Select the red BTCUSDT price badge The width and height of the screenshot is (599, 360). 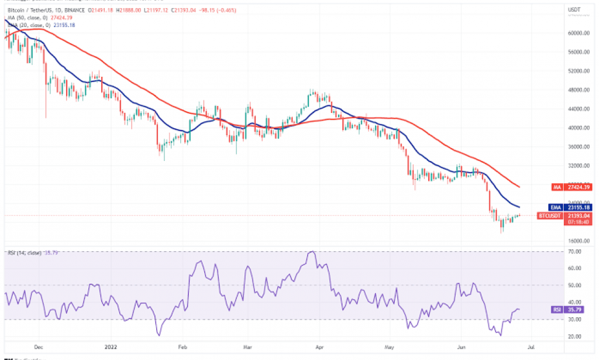[550, 215]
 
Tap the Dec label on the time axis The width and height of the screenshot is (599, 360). [39, 346]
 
